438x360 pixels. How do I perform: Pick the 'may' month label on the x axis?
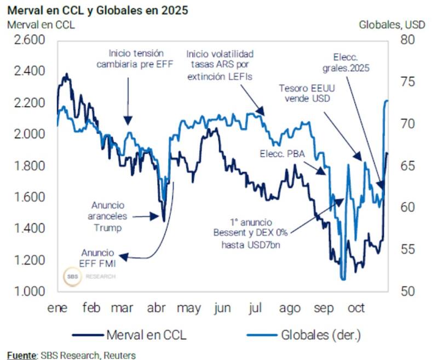pyautogui.click(x=189, y=308)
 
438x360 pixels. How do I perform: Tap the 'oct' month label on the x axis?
pyautogui.click(x=356, y=308)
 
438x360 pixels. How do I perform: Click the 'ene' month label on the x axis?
pyautogui.click(x=57, y=308)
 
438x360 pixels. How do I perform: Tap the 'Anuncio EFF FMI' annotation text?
pyautogui.click(x=99, y=258)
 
